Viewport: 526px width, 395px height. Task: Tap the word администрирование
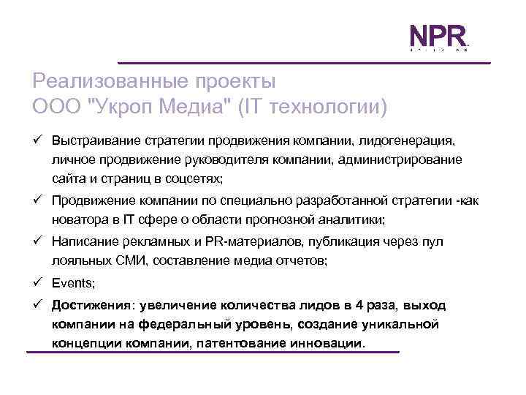point(397,159)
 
